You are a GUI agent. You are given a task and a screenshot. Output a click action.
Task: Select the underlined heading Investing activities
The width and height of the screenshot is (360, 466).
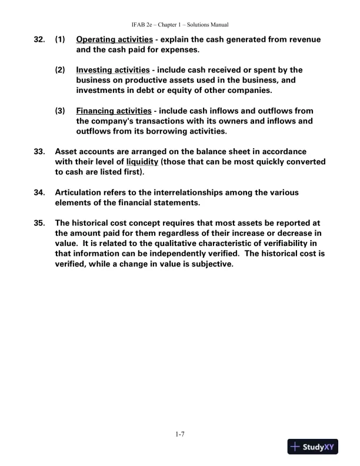(113, 70)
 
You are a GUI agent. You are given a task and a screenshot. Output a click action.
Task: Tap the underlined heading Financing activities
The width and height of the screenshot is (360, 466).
(114, 111)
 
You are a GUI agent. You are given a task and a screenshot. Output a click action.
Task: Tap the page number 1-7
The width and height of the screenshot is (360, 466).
(180, 435)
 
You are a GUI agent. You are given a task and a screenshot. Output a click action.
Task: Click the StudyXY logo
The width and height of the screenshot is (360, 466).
(311, 448)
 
